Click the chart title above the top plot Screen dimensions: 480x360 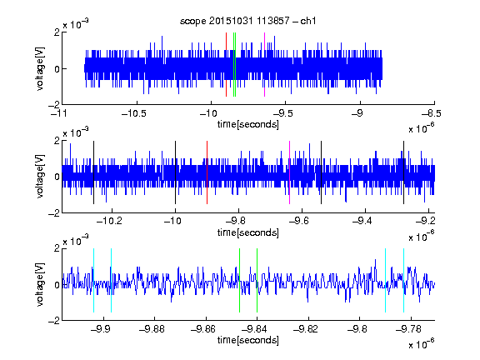(x=247, y=21)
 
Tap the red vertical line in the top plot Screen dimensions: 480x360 (x=226, y=65)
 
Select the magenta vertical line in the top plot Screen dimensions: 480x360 (x=264, y=65)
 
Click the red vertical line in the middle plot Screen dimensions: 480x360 (x=207, y=172)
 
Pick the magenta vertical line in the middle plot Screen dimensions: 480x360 (x=290, y=172)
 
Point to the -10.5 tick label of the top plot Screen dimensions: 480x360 (x=134, y=113)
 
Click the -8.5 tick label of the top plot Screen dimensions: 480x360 (x=432, y=113)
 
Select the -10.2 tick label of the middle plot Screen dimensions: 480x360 (x=109, y=221)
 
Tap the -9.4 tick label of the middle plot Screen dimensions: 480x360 (x=362, y=221)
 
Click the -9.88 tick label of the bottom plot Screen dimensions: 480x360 (x=152, y=329)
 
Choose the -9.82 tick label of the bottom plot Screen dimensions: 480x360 (x=306, y=329)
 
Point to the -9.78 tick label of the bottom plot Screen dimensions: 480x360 (x=408, y=329)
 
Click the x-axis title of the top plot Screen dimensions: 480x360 (x=248, y=124)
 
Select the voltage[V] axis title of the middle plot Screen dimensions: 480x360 (x=40, y=177)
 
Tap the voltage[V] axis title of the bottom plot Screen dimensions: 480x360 (x=40, y=284)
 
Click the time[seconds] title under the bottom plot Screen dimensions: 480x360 (x=248, y=340)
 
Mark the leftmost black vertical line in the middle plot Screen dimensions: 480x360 (x=93, y=172)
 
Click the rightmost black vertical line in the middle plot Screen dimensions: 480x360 (x=404, y=172)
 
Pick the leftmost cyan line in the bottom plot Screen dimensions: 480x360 (x=93, y=280)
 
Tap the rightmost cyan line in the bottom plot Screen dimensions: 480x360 (x=404, y=280)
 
